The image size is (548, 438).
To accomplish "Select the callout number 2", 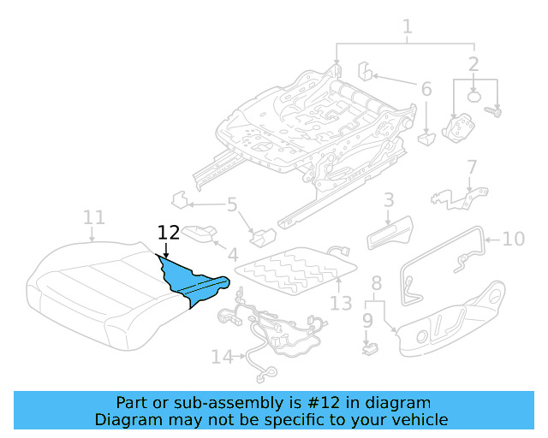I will pyautogui.click(x=474, y=63).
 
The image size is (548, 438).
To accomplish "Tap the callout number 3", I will pyautogui.click(x=388, y=200).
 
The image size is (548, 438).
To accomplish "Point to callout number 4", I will pyautogui.click(x=232, y=254).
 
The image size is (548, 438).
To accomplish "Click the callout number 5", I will pyautogui.click(x=231, y=204).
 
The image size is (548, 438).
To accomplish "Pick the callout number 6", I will pyautogui.click(x=426, y=88).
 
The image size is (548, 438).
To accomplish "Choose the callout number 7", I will pyautogui.click(x=471, y=166).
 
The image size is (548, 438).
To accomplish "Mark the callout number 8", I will pyautogui.click(x=376, y=283).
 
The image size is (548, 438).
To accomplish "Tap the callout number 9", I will pyautogui.click(x=367, y=321).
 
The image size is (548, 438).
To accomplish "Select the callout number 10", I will pyautogui.click(x=513, y=239).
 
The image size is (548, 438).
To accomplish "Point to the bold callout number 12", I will pyautogui.click(x=169, y=232).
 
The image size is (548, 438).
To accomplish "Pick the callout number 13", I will pyautogui.click(x=341, y=302).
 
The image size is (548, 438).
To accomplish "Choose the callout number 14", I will pyautogui.click(x=222, y=357).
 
